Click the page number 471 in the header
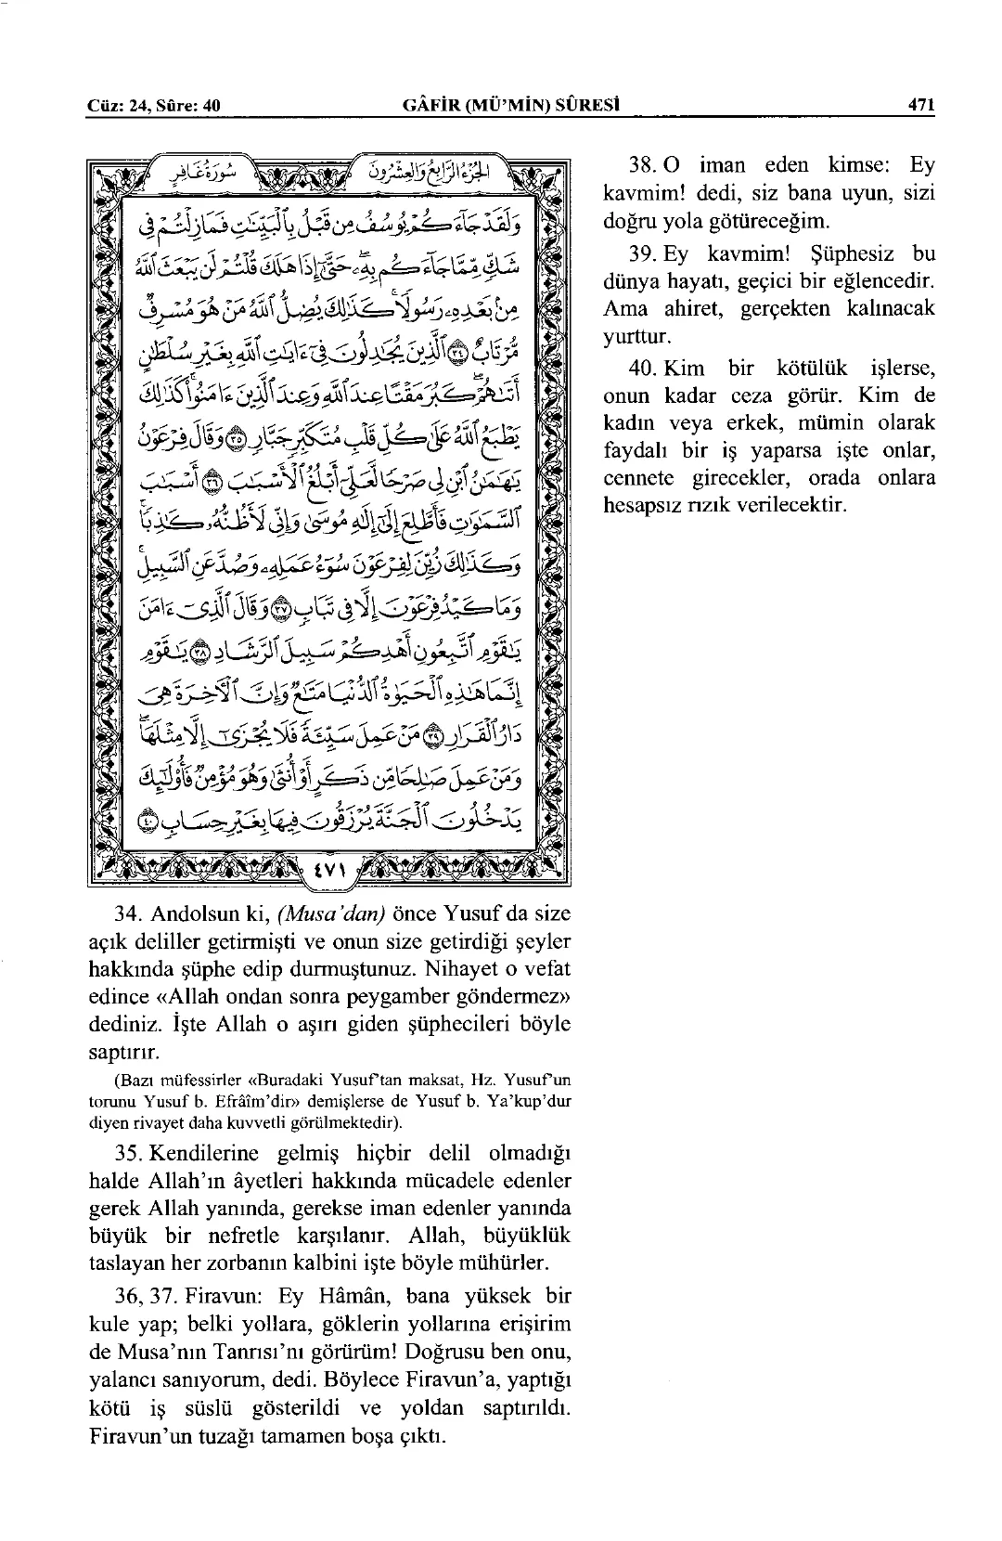coord(921,106)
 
